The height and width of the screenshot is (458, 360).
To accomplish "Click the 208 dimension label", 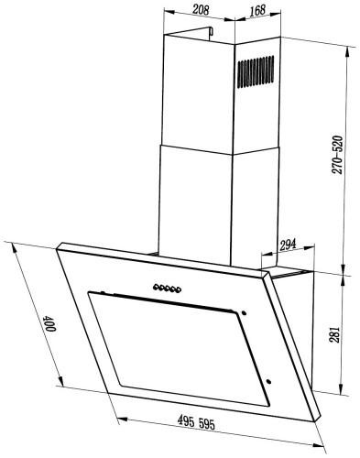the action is point(201,10).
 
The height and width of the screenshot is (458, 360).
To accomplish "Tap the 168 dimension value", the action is point(257,10).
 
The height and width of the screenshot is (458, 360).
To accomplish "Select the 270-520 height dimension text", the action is point(337,155).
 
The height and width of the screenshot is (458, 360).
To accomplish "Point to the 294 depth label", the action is point(288,245).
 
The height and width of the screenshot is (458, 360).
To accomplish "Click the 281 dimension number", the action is point(334,335).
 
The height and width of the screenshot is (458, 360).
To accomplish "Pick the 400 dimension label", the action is point(49,324).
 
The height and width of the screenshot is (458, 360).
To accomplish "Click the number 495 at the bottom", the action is point(186,421).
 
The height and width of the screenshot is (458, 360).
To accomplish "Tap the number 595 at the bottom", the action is point(207,424).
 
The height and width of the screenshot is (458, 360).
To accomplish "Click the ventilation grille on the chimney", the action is point(256,71).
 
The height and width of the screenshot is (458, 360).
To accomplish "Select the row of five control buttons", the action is point(168,289).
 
